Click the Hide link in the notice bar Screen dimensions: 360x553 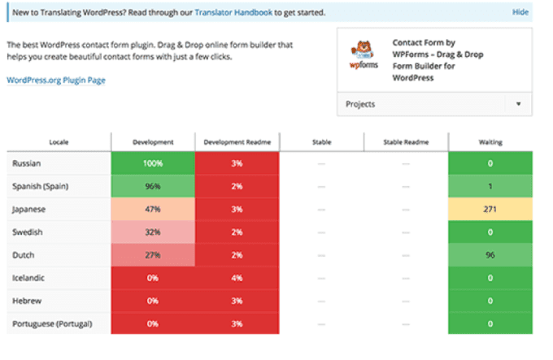click(520, 13)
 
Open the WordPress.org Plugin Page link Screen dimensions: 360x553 click(56, 80)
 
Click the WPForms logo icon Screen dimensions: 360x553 click(360, 56)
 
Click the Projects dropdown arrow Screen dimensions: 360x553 click(518, 105)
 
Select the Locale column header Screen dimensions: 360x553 click(59, 142)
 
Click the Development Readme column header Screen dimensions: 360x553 click(237, 142)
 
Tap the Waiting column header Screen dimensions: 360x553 click(490, 142)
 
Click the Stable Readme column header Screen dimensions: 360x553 click(405, 142)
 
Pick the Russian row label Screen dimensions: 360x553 click(27, 163)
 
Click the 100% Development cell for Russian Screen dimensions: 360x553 click(153, 163)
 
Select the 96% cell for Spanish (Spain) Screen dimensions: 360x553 click(153, 186)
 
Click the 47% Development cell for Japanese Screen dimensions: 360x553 click(153, 209)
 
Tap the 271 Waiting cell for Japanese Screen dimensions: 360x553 click(490, 209)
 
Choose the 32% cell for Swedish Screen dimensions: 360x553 click(153, 232)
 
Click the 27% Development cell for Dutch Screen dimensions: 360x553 click(153, 254)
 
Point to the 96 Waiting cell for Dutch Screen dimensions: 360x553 click(490, 254)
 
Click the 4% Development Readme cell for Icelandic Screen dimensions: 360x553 click(237, 277)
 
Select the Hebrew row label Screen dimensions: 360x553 click(27, 300)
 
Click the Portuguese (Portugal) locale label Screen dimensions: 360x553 click(52, 323)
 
